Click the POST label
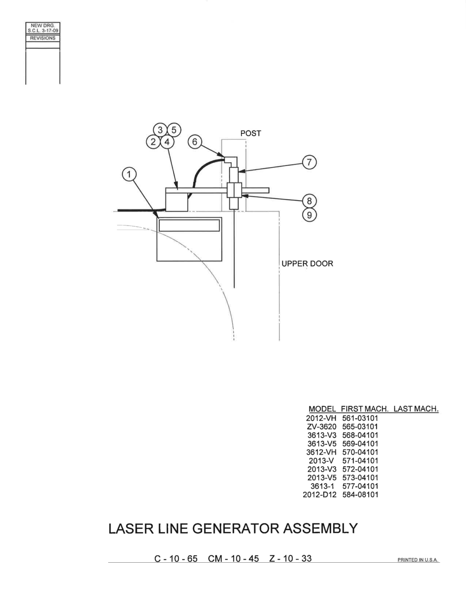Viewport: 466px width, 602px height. (251, 133)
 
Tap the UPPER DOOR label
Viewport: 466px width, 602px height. (307, 263)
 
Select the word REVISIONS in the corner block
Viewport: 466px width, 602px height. (43, 38)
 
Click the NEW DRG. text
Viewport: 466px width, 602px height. (43, 25)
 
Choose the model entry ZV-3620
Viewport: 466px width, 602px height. (322, 427)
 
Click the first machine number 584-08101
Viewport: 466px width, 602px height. (360, 494)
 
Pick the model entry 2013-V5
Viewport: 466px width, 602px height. (322, 478)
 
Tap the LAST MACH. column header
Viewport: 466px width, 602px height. (416, 409)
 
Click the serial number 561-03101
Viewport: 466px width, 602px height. (360, 418)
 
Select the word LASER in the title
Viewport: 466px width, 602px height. (131, 529)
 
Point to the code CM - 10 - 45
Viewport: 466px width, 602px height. (233, 558)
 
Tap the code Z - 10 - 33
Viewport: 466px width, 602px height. (290, 558)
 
